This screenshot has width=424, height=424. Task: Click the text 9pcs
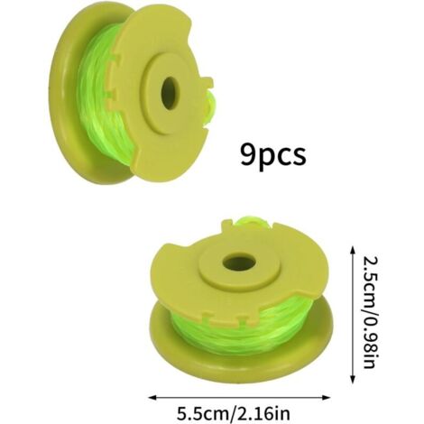pos(273,154)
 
